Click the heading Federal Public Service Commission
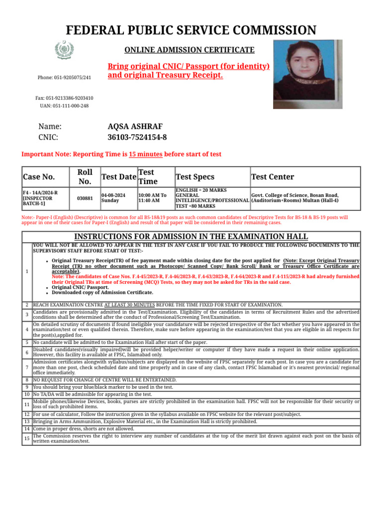(191, 30)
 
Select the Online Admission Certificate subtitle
(189, 50)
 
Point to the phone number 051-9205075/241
(64, 78)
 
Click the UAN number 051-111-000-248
(64, 106)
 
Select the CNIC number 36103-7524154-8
(137, 137)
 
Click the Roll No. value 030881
(85, 198)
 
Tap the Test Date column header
(118, 177)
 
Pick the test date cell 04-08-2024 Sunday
(113, 198)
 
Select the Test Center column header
(273, 177)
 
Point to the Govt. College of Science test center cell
(295, 198)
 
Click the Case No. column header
(39, 177)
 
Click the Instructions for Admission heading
(191, 237)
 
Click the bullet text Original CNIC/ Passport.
(80, 287)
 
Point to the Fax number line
(64, 98)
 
